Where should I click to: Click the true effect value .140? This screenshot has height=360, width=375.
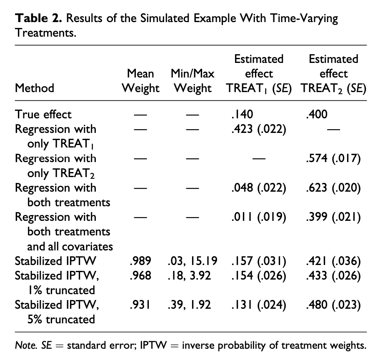(x=242, y=114)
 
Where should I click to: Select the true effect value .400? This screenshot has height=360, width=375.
(x=317, y=114)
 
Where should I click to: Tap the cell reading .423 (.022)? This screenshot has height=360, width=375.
(x=259, y=129)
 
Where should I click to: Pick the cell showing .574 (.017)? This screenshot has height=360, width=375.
(x=333, y=158)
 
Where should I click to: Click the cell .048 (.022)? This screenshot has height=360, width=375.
(x=259, y=188)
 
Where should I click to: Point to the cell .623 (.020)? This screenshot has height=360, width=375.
(x=333, y=188)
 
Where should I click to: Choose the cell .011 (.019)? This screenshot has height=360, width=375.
(x=259, y=217)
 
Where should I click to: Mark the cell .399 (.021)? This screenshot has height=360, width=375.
(x=333, y=217)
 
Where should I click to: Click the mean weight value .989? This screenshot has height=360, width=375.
(x=140, y=261)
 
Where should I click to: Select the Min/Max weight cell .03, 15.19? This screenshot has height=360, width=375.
(x=192, y=261)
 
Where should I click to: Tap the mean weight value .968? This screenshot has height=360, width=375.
(x=140, y=275)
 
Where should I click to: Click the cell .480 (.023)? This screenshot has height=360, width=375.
(x=333, y=305)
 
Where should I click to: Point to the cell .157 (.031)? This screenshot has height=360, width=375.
(x=259, y=261)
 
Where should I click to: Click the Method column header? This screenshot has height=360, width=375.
(x=35, y=88)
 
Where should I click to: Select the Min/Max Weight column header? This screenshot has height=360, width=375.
(x=192, y=80)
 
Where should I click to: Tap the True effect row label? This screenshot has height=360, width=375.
(x=43, y=114)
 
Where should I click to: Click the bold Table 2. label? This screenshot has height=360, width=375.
(x=38, y=18)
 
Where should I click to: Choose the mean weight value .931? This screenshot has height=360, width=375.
(x=140, y=305)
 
